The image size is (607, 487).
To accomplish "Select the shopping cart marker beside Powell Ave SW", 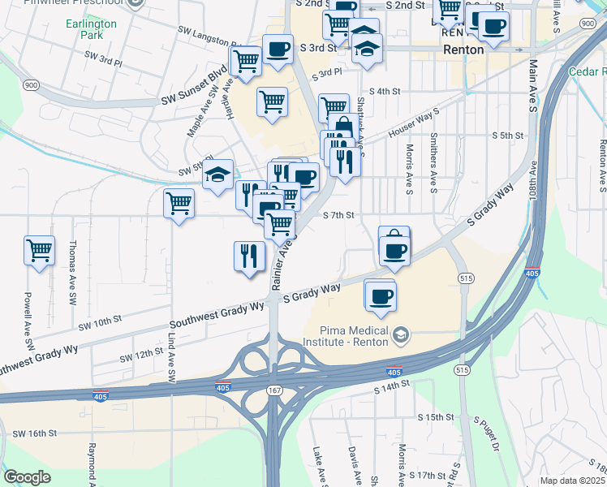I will click(39, 252).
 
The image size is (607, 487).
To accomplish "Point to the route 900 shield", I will click(32, 85).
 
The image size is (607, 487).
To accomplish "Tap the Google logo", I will click(27, 477).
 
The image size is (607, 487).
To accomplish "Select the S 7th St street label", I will click(339, 215).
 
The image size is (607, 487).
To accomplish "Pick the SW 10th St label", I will click(100, 321).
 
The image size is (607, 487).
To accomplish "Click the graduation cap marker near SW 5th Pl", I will click(218, 174).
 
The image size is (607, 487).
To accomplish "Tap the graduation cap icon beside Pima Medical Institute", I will click(400, 335).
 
